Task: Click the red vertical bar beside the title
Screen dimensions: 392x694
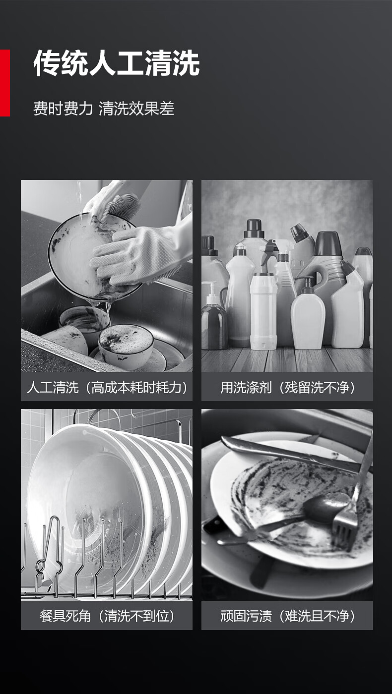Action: (x=4, y=83)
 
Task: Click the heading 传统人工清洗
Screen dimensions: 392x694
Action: (x=117, y=63)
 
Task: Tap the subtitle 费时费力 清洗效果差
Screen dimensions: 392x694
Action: (x=104, y=109)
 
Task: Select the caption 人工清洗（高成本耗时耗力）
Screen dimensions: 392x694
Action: (x=107, y=388)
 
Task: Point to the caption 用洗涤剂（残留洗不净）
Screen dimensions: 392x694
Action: (x=287, y=388)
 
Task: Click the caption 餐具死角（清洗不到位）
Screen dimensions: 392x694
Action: (x=107, y=616)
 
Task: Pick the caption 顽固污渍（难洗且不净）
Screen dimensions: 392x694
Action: (x=287, y=616)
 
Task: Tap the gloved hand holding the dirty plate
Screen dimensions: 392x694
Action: (x=136, y=254)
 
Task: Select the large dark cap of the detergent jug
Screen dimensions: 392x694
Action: (x=328, y=243)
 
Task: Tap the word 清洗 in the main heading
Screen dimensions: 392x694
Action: (x=173, y=63)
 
